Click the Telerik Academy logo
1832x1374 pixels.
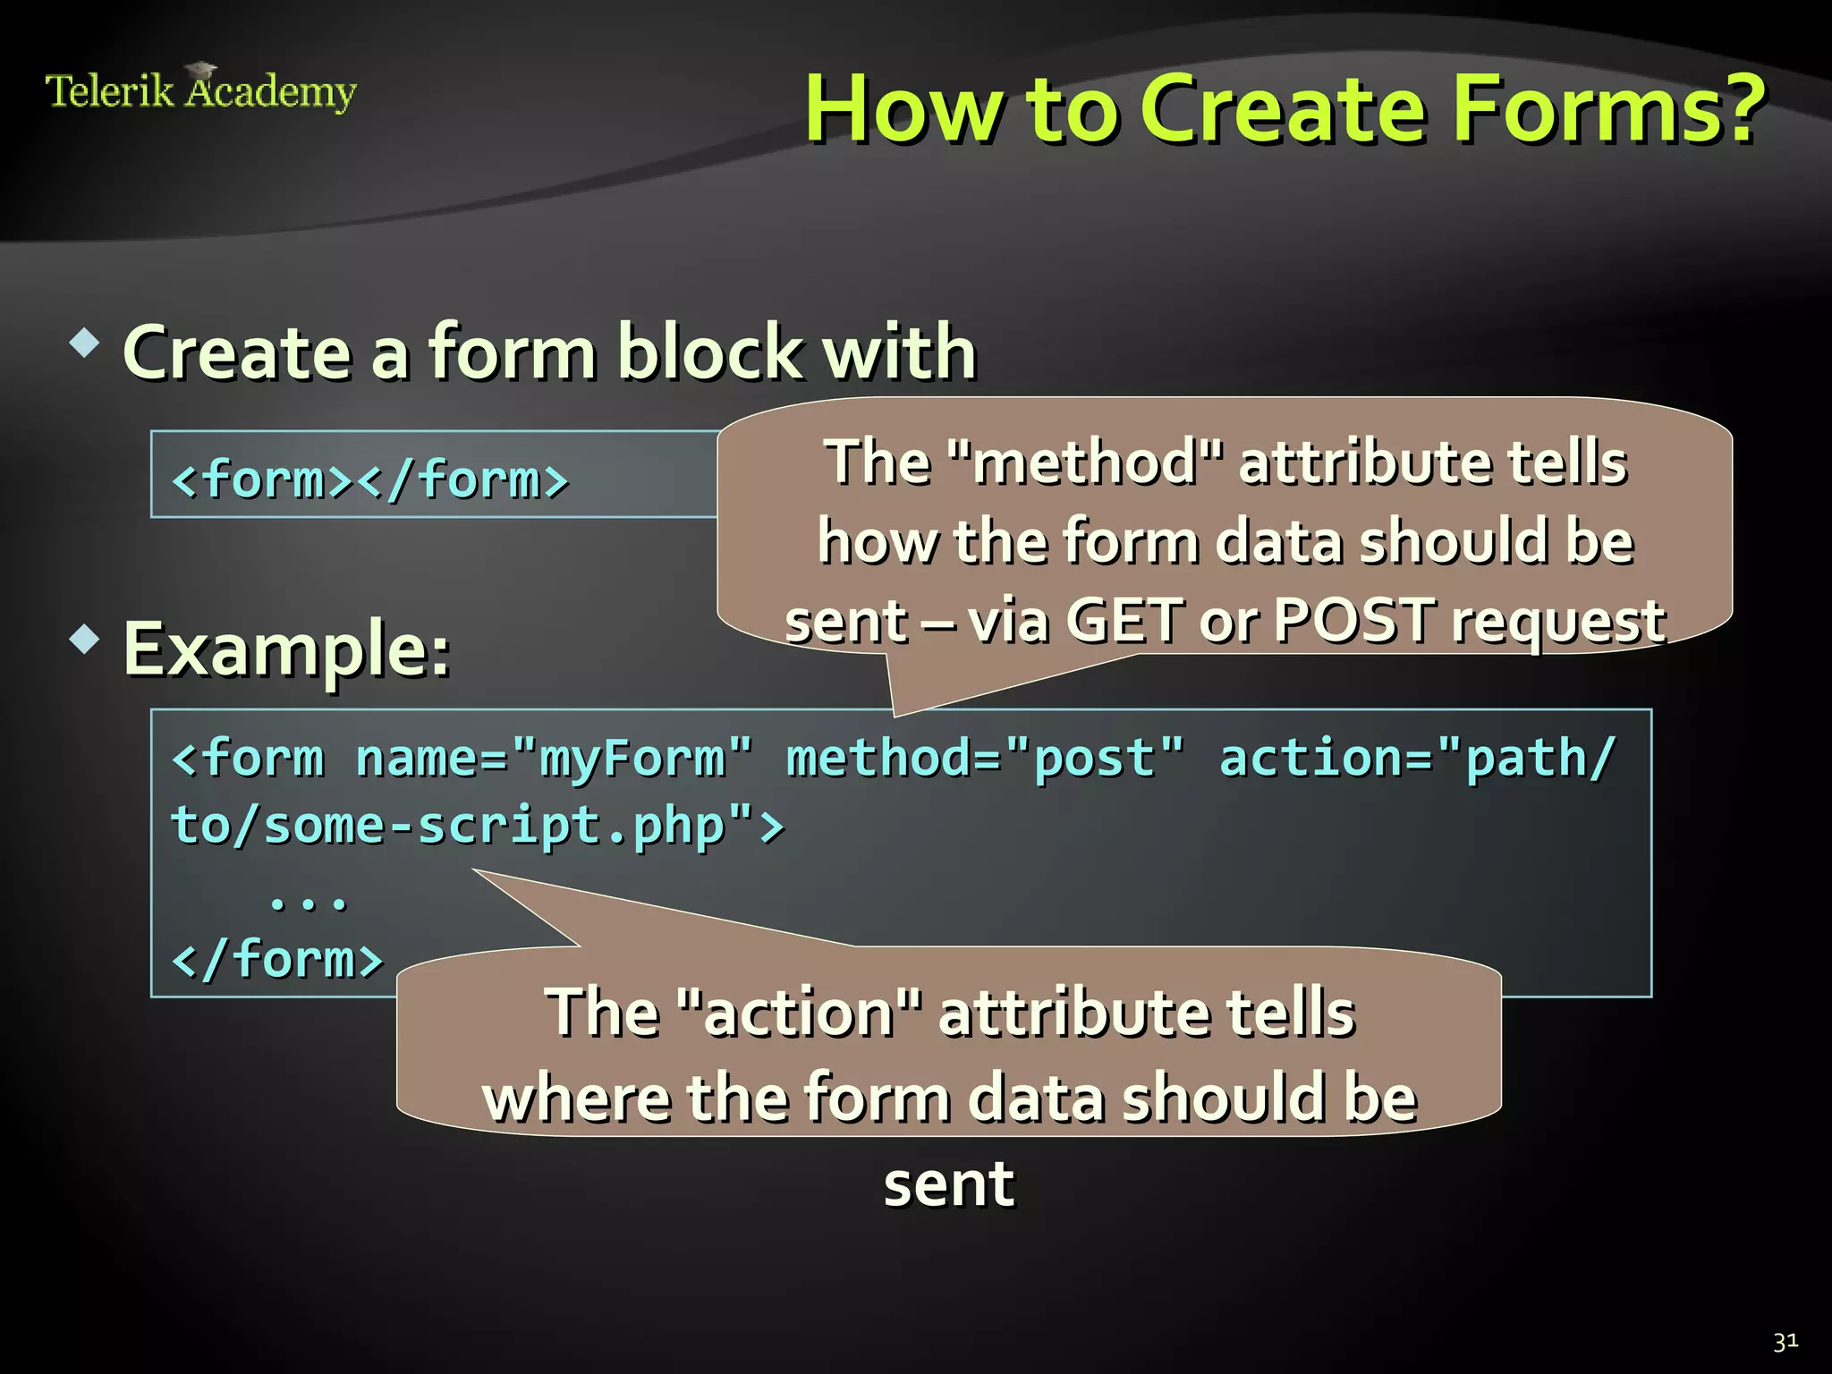[x=200, y=89]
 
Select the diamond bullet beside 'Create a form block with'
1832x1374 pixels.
[x=86, y=343]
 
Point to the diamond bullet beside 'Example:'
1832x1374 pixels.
[x=86, y=640]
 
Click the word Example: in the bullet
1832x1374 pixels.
[x=286, y=649]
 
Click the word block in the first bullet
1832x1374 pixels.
[x=710, y=352]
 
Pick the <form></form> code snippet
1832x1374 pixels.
[x=369, y=479]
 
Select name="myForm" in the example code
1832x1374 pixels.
[x=554, y=759]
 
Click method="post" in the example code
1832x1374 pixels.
[x=985, y=759]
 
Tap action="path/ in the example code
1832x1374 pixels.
[x=1418, y=759]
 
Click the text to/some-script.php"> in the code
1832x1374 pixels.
[x=477, y=825]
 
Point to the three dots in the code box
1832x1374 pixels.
[x=308, y=899]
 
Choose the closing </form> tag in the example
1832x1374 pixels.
[x=276, y=959]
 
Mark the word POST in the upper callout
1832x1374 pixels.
[x=1355, y=620]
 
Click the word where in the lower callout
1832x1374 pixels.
[x=576, y=1098]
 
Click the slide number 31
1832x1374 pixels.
[x=1785, y=1342]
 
